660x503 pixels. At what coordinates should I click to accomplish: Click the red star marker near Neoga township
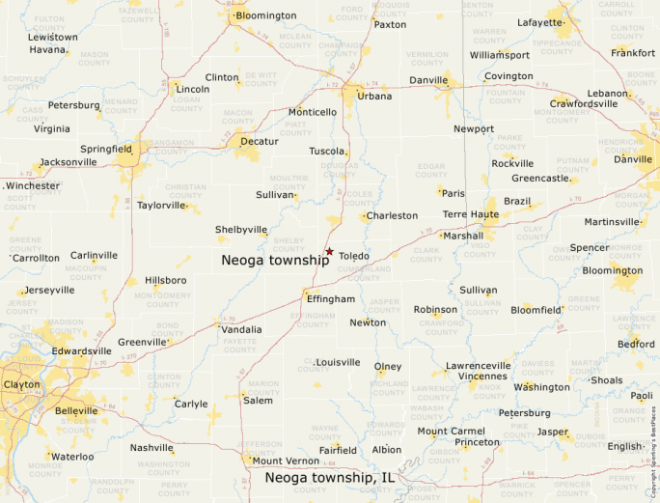pyautogui.click(x=329, y=252)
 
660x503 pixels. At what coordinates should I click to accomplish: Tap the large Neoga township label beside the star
pyautogui.click(x=275, y=260)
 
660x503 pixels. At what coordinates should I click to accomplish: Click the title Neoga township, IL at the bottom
pyautogui.click(x=330, y=478)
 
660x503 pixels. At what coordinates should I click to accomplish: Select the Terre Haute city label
pyautogui.click(x=470, y=214)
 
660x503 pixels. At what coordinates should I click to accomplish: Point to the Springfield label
pyautogui.click(x=106, y=150)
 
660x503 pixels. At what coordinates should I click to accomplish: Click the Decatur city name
pyautogui.click(x=259, y=141)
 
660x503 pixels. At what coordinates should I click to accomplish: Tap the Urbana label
pyautogui.click(x=374, y=96)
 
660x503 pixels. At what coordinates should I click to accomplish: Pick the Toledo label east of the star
pyautogui.click(x=353, y=256)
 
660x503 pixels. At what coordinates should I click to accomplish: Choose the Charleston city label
pyautogui.click(x=392, y=215)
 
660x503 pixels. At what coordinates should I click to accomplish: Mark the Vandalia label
pyautogui.click(x=241, y=329)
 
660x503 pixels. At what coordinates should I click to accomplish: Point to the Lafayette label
pyautogui.click(x=539, y=22)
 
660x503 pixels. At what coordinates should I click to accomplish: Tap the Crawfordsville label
pyautogui.click(x=584, y=103)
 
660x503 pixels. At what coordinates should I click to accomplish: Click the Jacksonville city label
pyautogui.click(x=69, y=162)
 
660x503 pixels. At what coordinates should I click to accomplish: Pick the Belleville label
pyautogui.click(x=77, y=410)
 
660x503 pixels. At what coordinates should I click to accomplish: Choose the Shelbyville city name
pyautogui.click(x=241, y=230)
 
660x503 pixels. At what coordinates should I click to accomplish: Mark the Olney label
pyautogui.click(x=388, y=367)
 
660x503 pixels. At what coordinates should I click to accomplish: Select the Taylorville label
pyautogui.click(x=160, y=206)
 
